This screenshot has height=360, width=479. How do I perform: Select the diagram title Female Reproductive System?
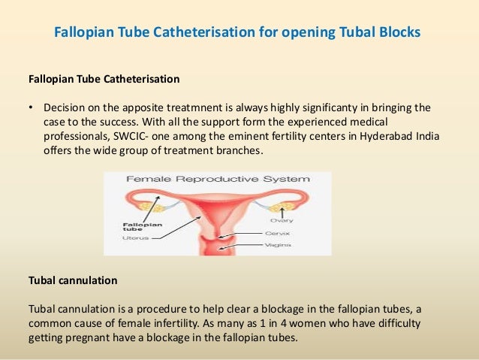click(218, 180)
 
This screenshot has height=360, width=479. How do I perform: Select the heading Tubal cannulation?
click(72, 280)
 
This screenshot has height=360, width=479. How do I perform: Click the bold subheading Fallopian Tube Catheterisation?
click(104, 78)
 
